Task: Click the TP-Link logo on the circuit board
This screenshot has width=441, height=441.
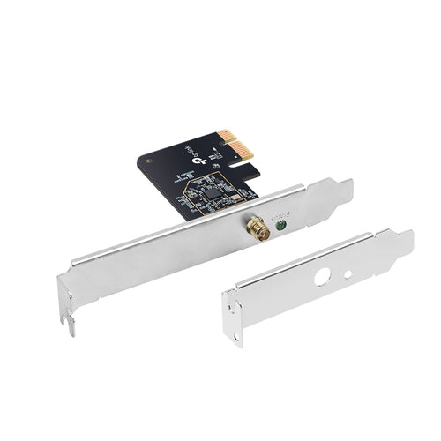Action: pyautogui.click(x=205, y=157)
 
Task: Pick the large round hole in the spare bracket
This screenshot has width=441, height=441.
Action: pyautogui.click(x=322, y=276)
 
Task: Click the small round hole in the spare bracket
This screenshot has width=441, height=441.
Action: pyautogui.click(x=348, y=273)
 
